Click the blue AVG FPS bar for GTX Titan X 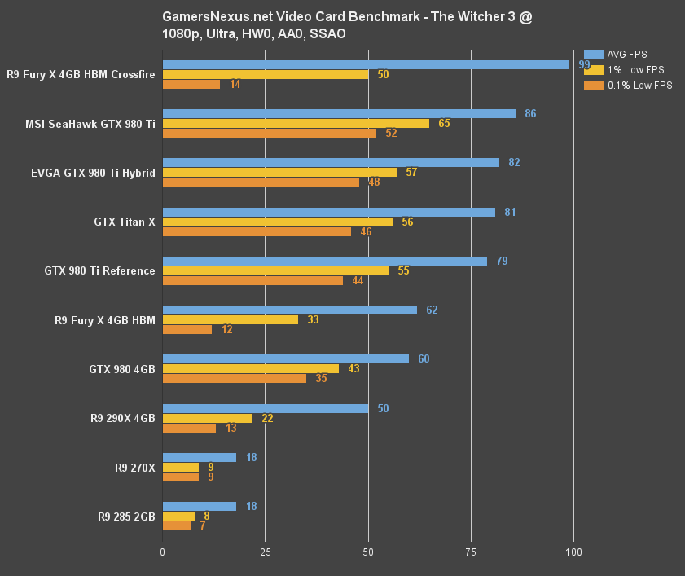[x=329, y=212]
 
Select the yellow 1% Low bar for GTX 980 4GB [x=251, y=369]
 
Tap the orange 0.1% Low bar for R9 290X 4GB [x=189, y=428]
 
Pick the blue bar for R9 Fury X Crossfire [x=366, y=64]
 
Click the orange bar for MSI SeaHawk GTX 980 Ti [x=270, y=133]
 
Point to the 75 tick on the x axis [x=471, y=553]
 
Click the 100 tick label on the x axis [x=573, y=553]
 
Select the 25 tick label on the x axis [x=265, y=553]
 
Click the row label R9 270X [x=135, y=468]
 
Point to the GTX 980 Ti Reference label [x=100, y=270]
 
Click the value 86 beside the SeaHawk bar [x=530, y=114]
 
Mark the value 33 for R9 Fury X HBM [x=312, y=320]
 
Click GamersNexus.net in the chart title [x=207, y=16]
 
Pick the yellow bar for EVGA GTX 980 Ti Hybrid [x=279, y=172]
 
